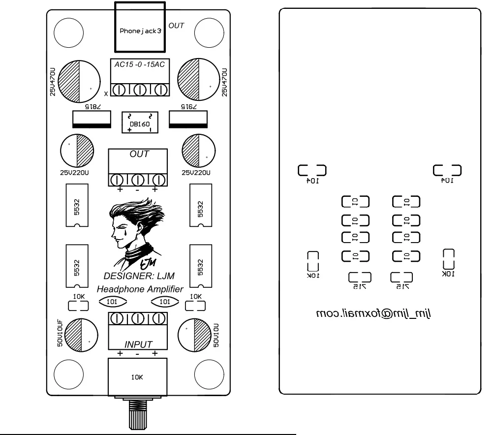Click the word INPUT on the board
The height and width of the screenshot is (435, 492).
coord(138,344)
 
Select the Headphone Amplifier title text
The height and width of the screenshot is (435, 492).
coord(140,289)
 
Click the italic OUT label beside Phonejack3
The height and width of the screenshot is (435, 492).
coord(176,25)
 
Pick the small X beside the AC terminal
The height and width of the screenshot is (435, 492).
coord(106,93)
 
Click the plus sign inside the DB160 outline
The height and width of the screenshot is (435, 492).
coord(129,130)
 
